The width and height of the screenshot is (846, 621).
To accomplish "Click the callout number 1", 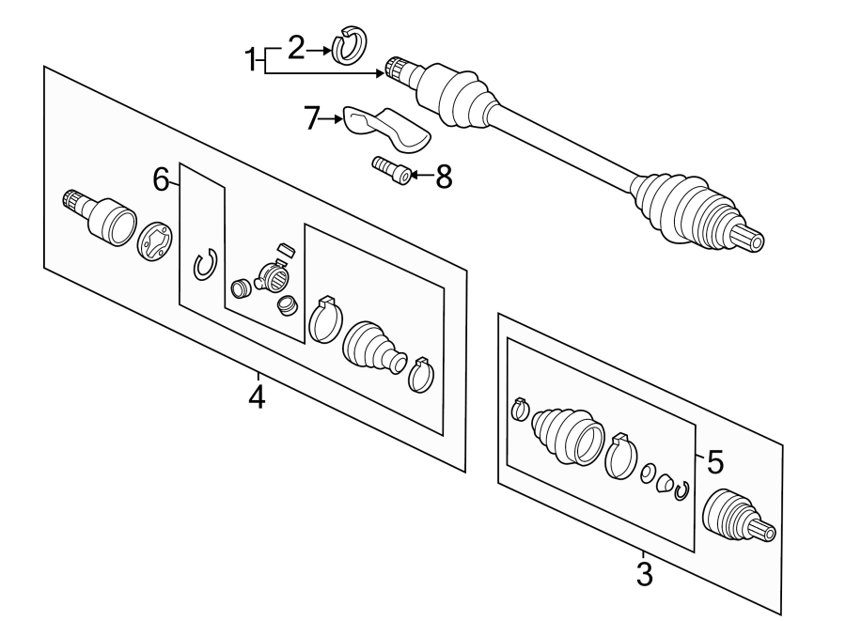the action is [x=250, y=60].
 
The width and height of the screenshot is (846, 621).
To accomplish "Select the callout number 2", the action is [x=296, y=47].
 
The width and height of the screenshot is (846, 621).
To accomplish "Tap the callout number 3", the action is [x=644, y=574].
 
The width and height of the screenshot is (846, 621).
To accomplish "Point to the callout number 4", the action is [x=257, y=397].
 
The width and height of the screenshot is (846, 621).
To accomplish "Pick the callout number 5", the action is [x=715, y=462].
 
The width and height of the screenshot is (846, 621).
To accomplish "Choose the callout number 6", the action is [x=161, y=179].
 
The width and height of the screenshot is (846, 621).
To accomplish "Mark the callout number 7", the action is [x=311, y=118].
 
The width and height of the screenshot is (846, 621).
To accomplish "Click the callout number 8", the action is [x=444, y=177].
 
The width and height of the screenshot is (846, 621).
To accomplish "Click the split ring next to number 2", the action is [x=349, y=43].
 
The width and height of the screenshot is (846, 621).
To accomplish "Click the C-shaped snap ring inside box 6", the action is [x=205, y=265].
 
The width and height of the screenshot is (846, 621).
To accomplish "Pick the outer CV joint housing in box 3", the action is [x=738, y=516].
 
